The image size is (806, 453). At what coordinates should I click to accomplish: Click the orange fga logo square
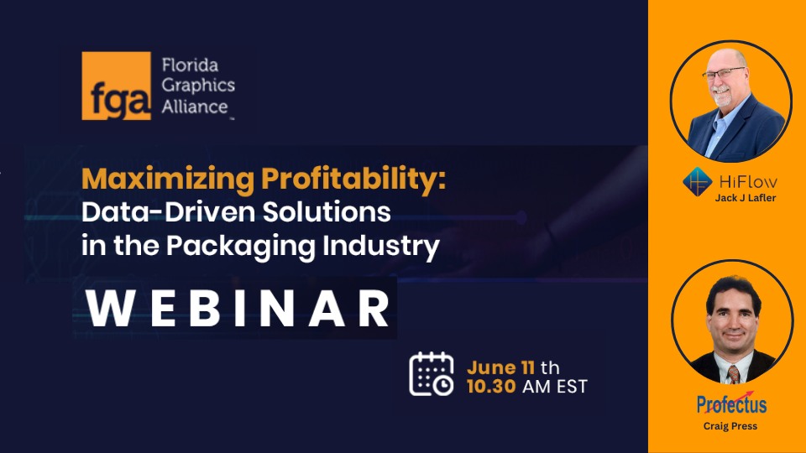click(x=116, y=86)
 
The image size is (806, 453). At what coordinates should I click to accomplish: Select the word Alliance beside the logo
click(x=195, y=107)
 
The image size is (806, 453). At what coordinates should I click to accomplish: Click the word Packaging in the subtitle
click(x=240, y=246)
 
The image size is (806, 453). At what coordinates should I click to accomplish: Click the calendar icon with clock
click(x=432, y=374)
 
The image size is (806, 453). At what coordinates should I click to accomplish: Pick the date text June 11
click(x=500, y=367)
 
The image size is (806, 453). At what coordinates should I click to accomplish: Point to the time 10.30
click(x=491, y=386)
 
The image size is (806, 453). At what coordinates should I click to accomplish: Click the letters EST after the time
click(x=572, y=386)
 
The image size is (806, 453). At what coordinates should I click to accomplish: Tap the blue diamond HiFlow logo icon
click(x=698, y=182)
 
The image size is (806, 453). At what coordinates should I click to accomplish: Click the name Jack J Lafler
click(x=746, y=198)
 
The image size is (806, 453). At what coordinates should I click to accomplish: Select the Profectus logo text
click(x=732, y=404)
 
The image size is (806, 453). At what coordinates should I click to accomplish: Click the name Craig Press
click(x=730, y=426)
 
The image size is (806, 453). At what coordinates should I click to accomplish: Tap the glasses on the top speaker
click(x=724, y=74)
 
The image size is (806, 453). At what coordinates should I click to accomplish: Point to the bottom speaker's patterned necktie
click(x=734, y=374)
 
